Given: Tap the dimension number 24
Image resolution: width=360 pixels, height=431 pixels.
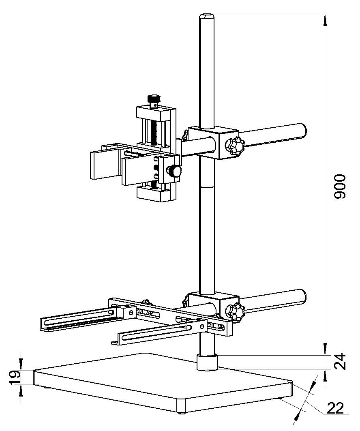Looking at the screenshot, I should [340, 362].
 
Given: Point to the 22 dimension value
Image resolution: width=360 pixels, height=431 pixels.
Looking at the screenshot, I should [335, 407].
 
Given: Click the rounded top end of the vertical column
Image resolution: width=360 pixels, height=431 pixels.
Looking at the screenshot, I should [207, 16].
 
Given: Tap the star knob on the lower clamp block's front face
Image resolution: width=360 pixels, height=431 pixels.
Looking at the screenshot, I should [234, 313].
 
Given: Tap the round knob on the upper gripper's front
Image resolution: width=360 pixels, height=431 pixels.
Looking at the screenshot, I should [175, 171].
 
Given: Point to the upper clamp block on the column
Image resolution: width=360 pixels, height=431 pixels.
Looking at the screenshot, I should [213, 142].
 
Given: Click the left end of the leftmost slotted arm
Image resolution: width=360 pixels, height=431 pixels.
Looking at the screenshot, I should [44, 325].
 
